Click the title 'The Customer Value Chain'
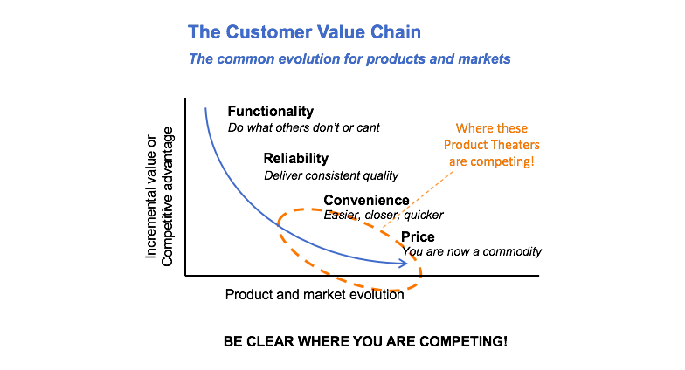click(x=304, y=33)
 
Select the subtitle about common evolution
click(x=349, y=59)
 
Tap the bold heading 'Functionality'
click(x=270, y=112)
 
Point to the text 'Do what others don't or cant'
click(x=303, y=127)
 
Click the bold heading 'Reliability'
click(x=295, y=159)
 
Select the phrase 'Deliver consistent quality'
click(x=330, y=175)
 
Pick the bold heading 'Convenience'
click(x=366, y=201)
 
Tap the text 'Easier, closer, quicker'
click(x=384, y=215)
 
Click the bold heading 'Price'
click(x=418, y=236)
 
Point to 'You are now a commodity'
click(x=472, y=251)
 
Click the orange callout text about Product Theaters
click(x=492, y=145)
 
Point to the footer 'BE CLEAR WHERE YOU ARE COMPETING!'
click(x=365, y=340)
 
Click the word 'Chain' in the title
click(x=395, y=33)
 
